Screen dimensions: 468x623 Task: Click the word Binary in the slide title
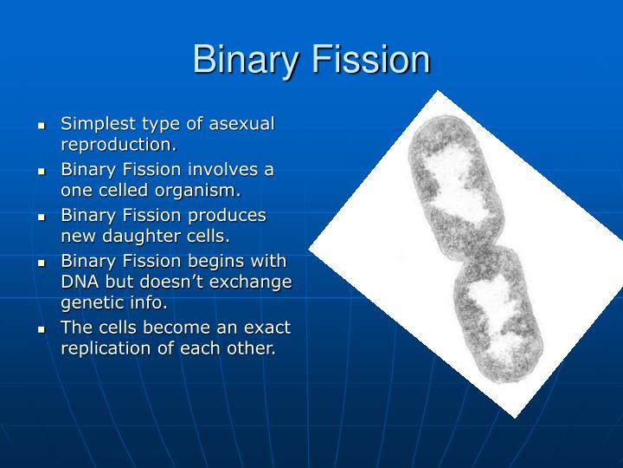point(241,61)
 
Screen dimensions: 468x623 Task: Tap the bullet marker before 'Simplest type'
point(41,127)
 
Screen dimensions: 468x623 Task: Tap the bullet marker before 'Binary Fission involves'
point(41,172)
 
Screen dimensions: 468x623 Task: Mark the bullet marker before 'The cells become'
point(41,330)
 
